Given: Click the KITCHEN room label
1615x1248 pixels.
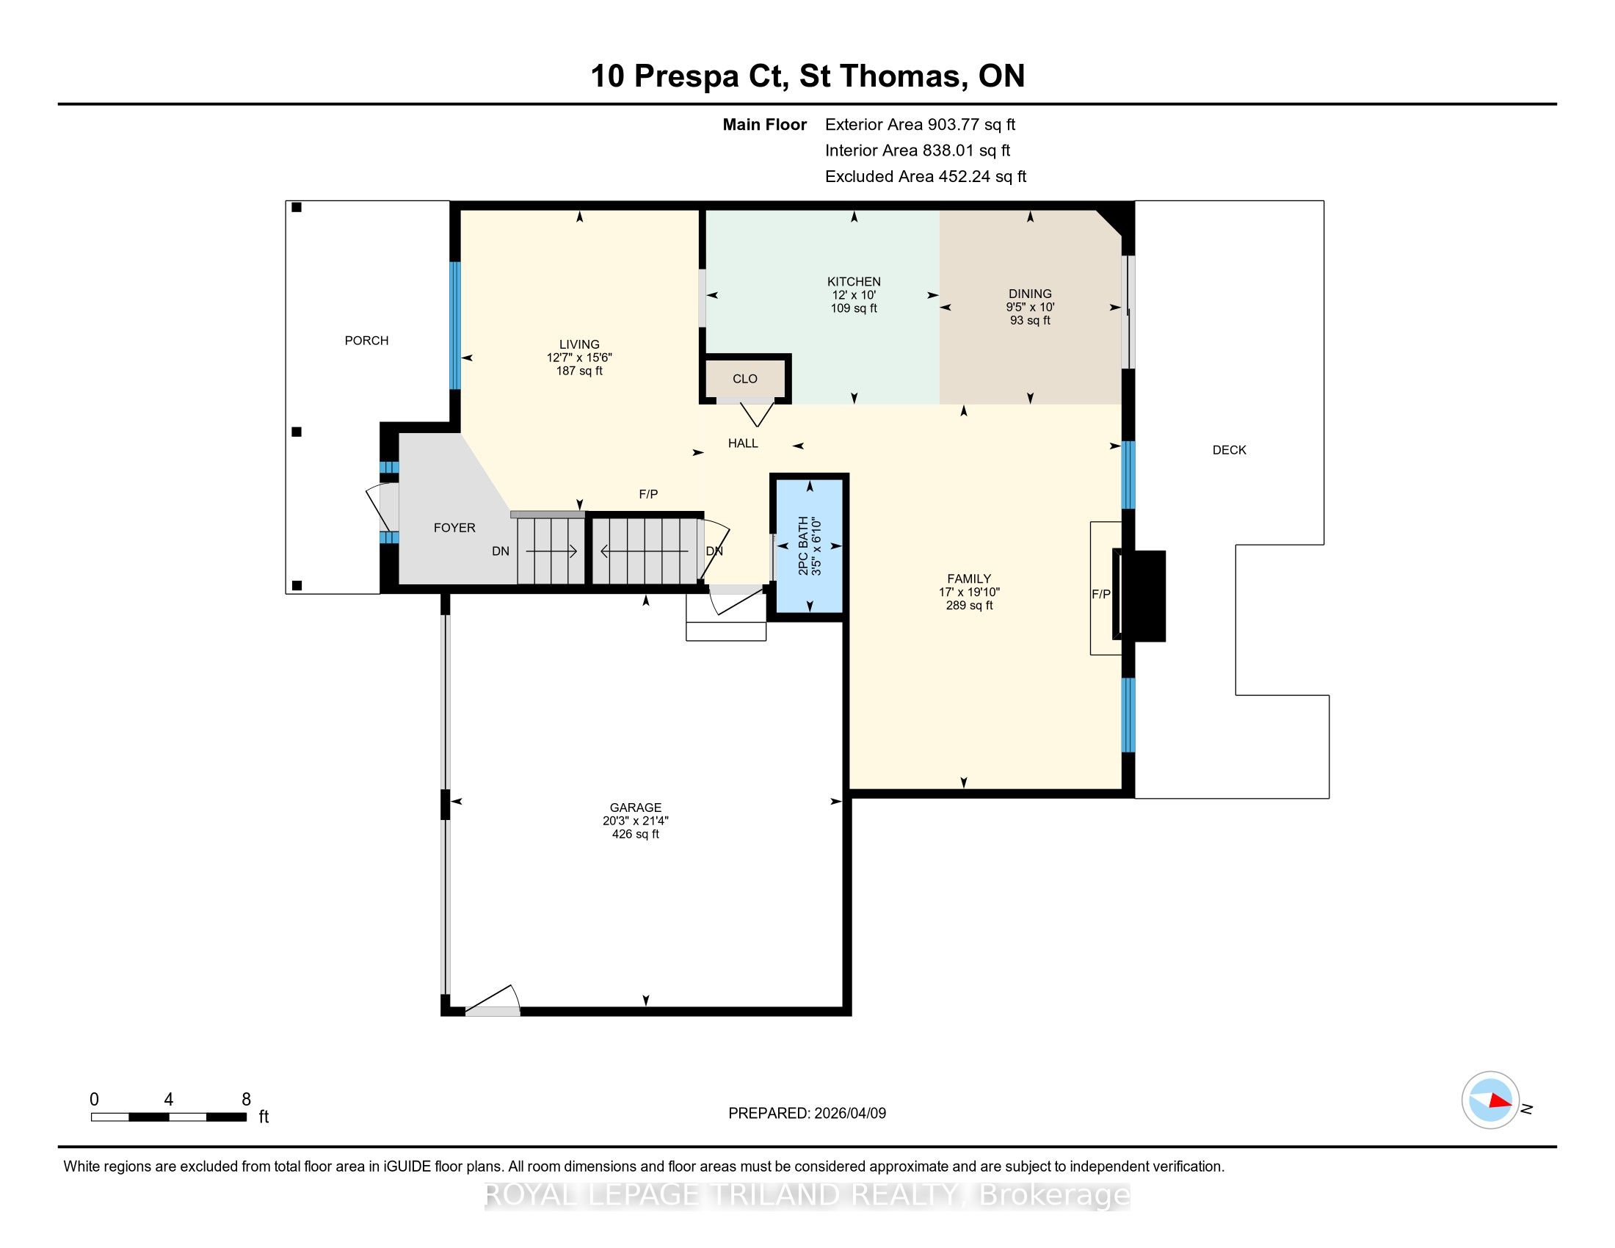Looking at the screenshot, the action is point(853,282).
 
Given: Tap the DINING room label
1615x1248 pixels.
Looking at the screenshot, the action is point(1029,294).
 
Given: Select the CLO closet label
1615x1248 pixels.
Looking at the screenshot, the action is point(744,379).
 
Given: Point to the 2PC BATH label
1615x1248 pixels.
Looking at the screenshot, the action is point(803,546).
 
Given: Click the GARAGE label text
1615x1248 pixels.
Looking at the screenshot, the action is point(635,808).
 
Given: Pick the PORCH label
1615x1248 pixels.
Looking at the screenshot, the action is point(366,340).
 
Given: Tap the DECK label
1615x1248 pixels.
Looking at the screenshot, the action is point(1229,449).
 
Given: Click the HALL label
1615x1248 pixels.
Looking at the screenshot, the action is point(743,443).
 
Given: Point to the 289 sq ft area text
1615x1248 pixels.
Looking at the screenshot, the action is point(969,605).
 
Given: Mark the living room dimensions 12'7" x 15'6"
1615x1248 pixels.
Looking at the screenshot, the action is point(579,357).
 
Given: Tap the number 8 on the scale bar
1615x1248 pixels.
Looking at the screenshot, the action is point(246,1100).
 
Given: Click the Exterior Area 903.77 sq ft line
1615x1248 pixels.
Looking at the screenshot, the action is point(920,124).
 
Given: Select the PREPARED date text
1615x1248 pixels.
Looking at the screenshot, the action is point(807,1113).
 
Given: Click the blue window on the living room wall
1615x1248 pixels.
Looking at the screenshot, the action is point(456,325).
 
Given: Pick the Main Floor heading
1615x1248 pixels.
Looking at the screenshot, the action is point(764,124).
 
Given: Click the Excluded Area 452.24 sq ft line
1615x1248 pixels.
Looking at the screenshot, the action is point(926,176).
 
